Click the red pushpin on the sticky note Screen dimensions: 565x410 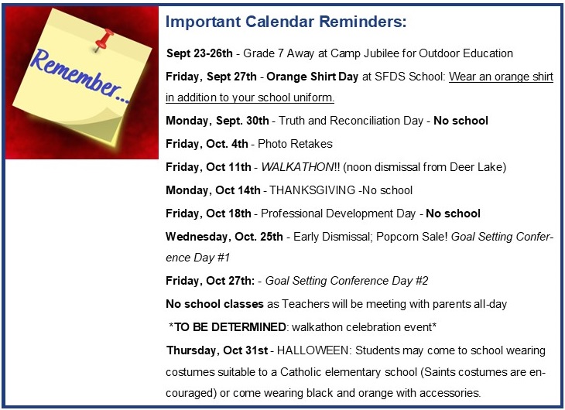(x=104, y=39)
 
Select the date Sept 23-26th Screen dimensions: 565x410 (x=200, y=53)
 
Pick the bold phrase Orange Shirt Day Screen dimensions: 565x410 (x=313, y=77)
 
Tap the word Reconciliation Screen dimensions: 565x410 (x=376, y=121)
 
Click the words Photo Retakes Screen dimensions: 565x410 (x=295, y=144)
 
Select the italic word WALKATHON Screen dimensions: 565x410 (x=298, y=167)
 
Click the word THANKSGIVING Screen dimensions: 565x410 (x=313, y=190)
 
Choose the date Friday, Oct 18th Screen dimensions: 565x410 (x=208, y=214)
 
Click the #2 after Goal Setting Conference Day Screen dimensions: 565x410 (x=422, y=281)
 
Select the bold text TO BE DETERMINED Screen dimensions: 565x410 (x=230, y=327)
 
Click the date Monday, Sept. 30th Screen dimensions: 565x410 (x=217, y=121)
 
